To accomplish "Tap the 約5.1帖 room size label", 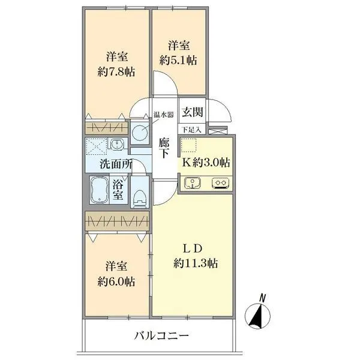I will point(179,60).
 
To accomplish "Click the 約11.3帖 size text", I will point(196,263).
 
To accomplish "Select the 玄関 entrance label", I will point(193,112).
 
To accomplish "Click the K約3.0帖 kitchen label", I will point(206,162).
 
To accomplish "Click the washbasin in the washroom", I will point(118,144).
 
